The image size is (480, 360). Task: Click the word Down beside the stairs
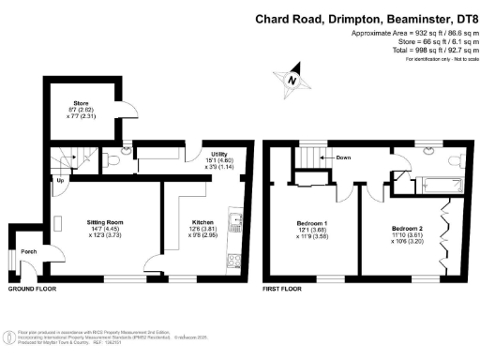tap(344, 158)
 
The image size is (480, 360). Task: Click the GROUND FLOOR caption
tap(31, 290)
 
